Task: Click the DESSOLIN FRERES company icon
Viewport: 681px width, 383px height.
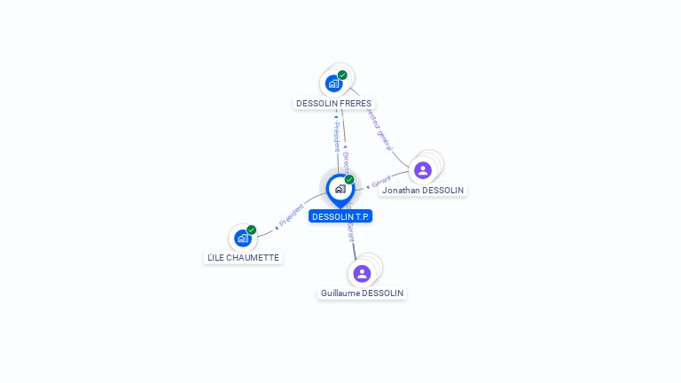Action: pyautogui.click(x=333, y=83)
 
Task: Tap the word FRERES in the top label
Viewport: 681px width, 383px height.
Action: pyautogui.click(x=355, y=104)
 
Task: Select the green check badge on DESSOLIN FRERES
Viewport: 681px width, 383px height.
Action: pyautogui.click(x=342, y=75)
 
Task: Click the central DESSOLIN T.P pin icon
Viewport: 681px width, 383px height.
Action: pyautogui.click(x=340, y=189)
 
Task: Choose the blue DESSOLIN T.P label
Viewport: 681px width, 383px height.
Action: pyautogui.click(x=340, y=216)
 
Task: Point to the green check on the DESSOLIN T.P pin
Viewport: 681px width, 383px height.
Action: pyautogui.click(x=349, y=180)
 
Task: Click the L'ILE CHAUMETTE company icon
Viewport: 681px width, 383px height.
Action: pyautogui.click(x=242, y=238)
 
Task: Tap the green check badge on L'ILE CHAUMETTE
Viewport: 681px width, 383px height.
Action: pyautogui.click(x=251, y=230)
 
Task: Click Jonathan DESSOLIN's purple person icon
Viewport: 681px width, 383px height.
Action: pyautogui.click(x=423, y=170)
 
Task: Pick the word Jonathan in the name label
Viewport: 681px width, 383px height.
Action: pyautogui.click(x=401, y=191)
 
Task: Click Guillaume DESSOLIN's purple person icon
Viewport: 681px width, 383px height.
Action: pyautogui.click(x=361, y=273)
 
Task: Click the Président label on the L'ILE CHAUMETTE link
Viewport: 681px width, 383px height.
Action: pyautogui.click(x=292, y=215)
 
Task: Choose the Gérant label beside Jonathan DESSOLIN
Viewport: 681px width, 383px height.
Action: pyautogui.click(x=380, y=182)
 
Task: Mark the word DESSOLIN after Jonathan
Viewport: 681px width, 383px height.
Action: pyautogui.click(x=442, y=191)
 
